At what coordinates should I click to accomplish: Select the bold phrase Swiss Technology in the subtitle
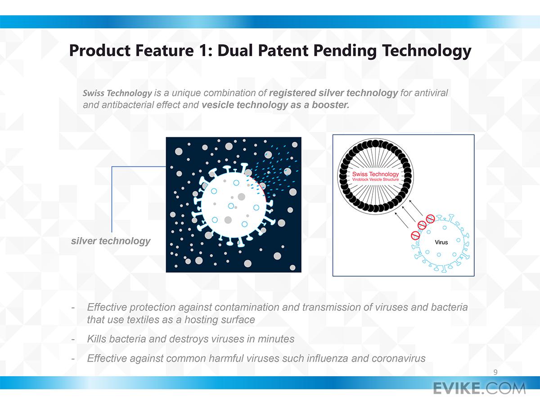117,93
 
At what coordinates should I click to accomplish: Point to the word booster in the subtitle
330,105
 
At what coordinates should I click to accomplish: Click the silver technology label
111,241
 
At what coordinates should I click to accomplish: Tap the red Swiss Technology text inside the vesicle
375,174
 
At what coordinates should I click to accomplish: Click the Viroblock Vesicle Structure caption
375,180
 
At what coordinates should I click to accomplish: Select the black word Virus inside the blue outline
441,242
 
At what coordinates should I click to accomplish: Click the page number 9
495,372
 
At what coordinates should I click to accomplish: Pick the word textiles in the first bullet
143,319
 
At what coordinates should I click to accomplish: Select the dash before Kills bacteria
73,339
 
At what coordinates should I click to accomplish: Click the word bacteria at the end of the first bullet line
449,307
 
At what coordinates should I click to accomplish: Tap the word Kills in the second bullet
97,339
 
